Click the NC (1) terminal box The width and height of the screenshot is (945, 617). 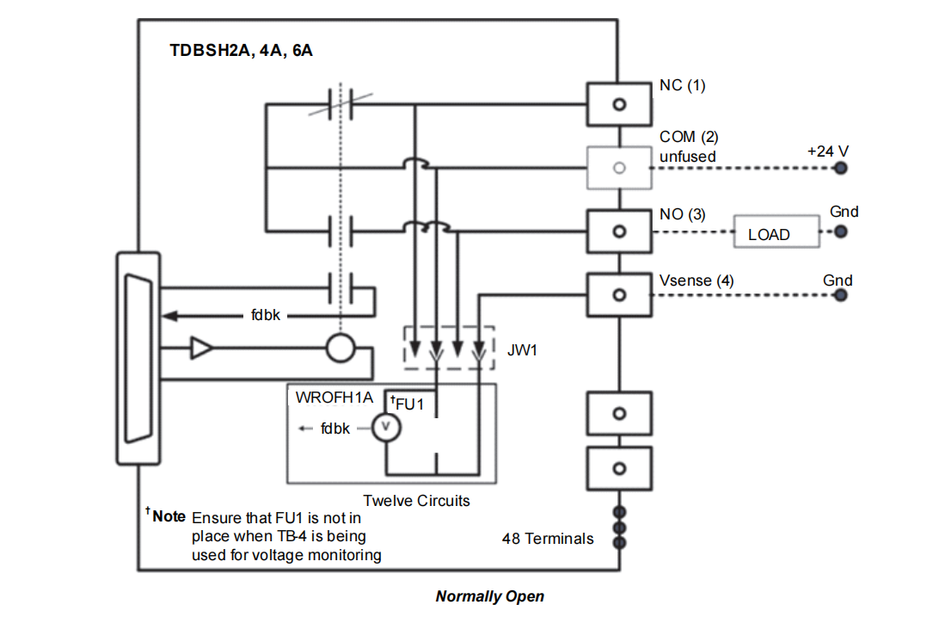[618, 104]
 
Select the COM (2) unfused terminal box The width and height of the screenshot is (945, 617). [618, 168]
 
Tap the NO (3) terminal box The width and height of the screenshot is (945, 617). [618, 231]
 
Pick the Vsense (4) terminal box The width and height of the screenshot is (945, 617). [618, 294]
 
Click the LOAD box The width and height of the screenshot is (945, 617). [776, 233]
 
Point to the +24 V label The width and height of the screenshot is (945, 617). [827, 151]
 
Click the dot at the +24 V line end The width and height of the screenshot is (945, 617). [841, 168]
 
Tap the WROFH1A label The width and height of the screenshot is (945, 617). [334, 398]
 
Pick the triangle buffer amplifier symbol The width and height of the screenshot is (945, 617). [201, 349]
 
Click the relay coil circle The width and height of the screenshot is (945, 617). [341, 349]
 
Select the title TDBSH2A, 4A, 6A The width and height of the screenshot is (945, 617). [241, 50]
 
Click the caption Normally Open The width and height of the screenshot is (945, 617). [489, 595]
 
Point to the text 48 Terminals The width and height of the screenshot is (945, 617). [548, 539]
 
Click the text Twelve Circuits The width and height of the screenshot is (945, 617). [416, 500]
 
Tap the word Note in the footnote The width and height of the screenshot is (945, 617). [169, 516]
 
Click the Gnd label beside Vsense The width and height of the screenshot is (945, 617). [838, 281]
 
